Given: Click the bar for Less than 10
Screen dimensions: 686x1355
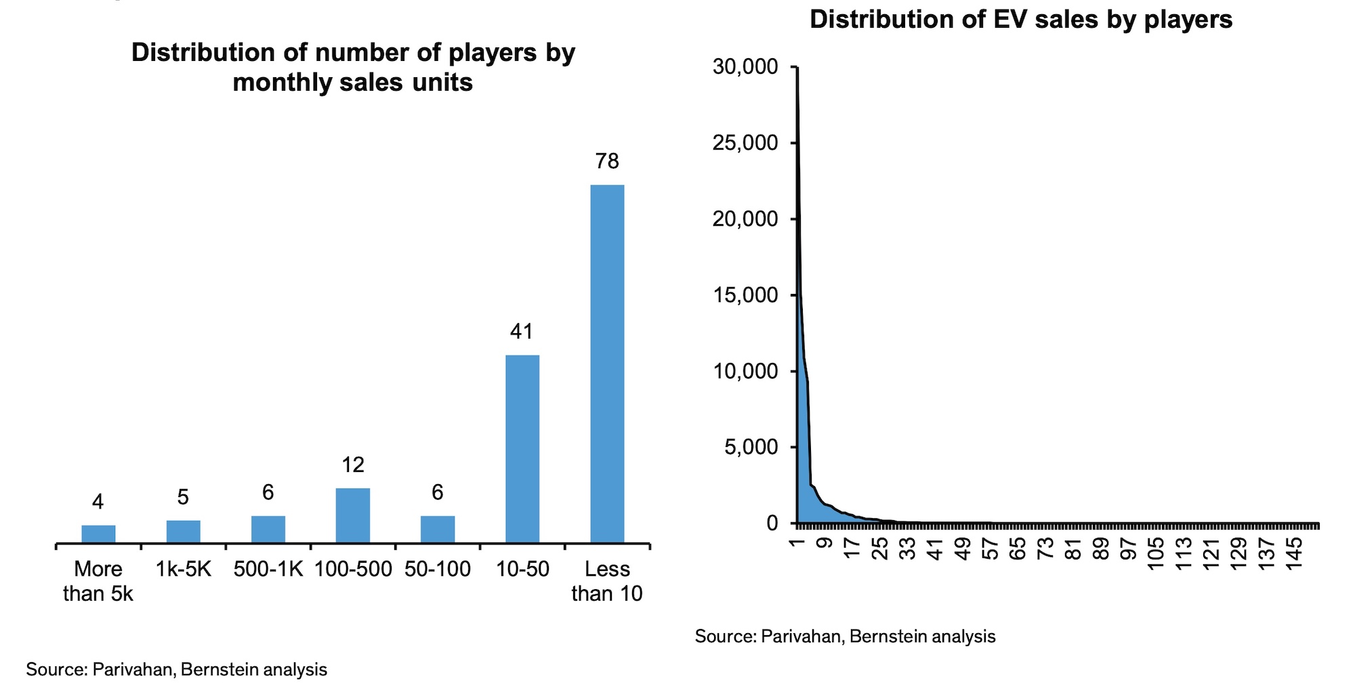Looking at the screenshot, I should coord(607,364).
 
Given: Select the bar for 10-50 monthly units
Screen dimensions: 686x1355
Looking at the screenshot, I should coord(522,448).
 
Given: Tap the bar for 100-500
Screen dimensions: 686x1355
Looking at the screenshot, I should coord(353,515).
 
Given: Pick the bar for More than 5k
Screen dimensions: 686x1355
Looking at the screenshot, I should coord(98,534).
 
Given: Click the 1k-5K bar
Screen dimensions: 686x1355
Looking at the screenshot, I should coord(183,531).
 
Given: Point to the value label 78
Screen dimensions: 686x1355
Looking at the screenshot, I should coord(607,161).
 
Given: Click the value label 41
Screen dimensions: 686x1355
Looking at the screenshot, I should coord(522,331).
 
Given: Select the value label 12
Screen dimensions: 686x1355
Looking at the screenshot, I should coord(353,465).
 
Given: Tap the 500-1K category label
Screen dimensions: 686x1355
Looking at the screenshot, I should coord(268,570).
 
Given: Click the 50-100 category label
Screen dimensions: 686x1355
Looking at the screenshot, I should coord(438,570).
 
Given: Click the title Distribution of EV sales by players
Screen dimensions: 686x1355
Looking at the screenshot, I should coord(1021,19).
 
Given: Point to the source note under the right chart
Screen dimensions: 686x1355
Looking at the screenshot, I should coord(845,637).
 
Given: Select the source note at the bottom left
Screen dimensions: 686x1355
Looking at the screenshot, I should coord(176,670).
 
